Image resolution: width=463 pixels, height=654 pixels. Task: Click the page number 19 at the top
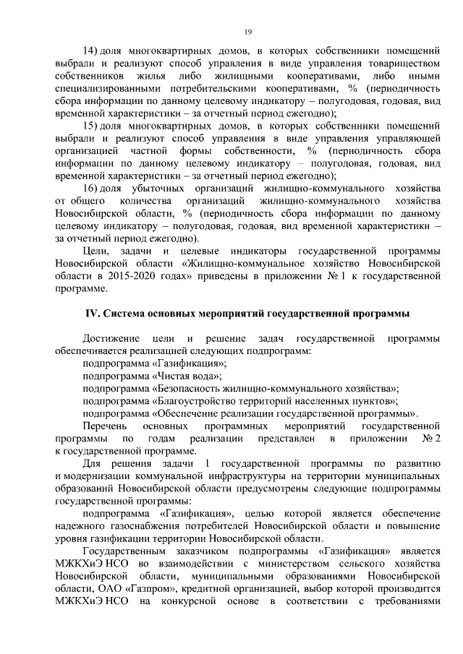tap(247, 32)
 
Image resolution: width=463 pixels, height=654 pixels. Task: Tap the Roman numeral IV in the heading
tap(91, 313)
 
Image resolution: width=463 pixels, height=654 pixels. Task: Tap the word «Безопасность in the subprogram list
tap(193, 388)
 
